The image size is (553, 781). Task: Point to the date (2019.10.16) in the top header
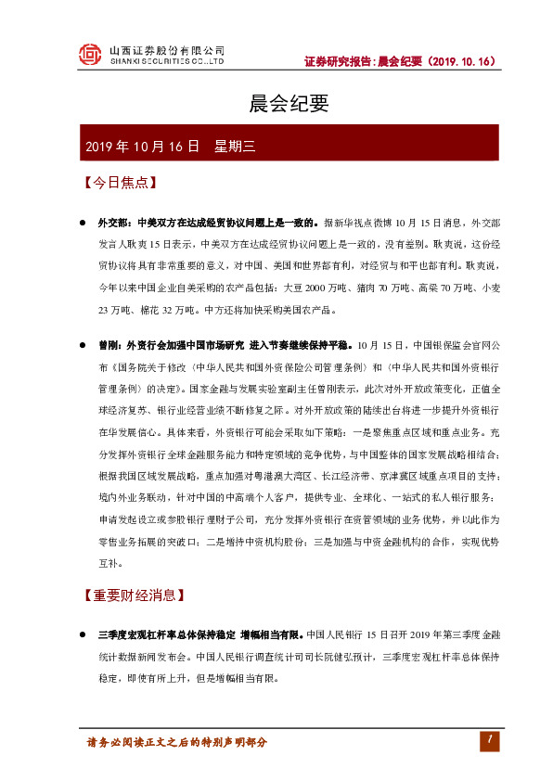pos(463,61)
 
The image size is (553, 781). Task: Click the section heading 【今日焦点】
pos(117,183)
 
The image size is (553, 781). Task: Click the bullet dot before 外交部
pos(82,224)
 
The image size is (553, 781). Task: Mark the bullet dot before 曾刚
pos(82,345)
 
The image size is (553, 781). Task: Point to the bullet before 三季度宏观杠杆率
pos(82,635)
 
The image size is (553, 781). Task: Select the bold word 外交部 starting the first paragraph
pos(111,224)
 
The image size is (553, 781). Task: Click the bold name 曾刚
pos(109,345)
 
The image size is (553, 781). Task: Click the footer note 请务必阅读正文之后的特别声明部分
pos(176,743)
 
